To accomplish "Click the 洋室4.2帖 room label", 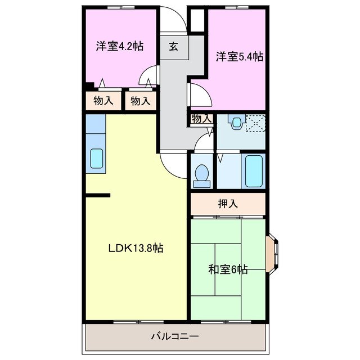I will [119, 46].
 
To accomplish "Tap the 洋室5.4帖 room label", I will [240, 56].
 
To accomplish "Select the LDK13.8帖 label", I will [136, 247].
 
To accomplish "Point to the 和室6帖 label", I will [227, 269].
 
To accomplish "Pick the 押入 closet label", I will [227, 204].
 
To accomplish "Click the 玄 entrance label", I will [174, 47].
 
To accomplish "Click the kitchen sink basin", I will [96, 159].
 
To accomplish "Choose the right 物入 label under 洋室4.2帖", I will [140, 101].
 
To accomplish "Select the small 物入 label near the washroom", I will [201, 119].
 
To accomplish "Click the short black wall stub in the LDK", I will [98, 195].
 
